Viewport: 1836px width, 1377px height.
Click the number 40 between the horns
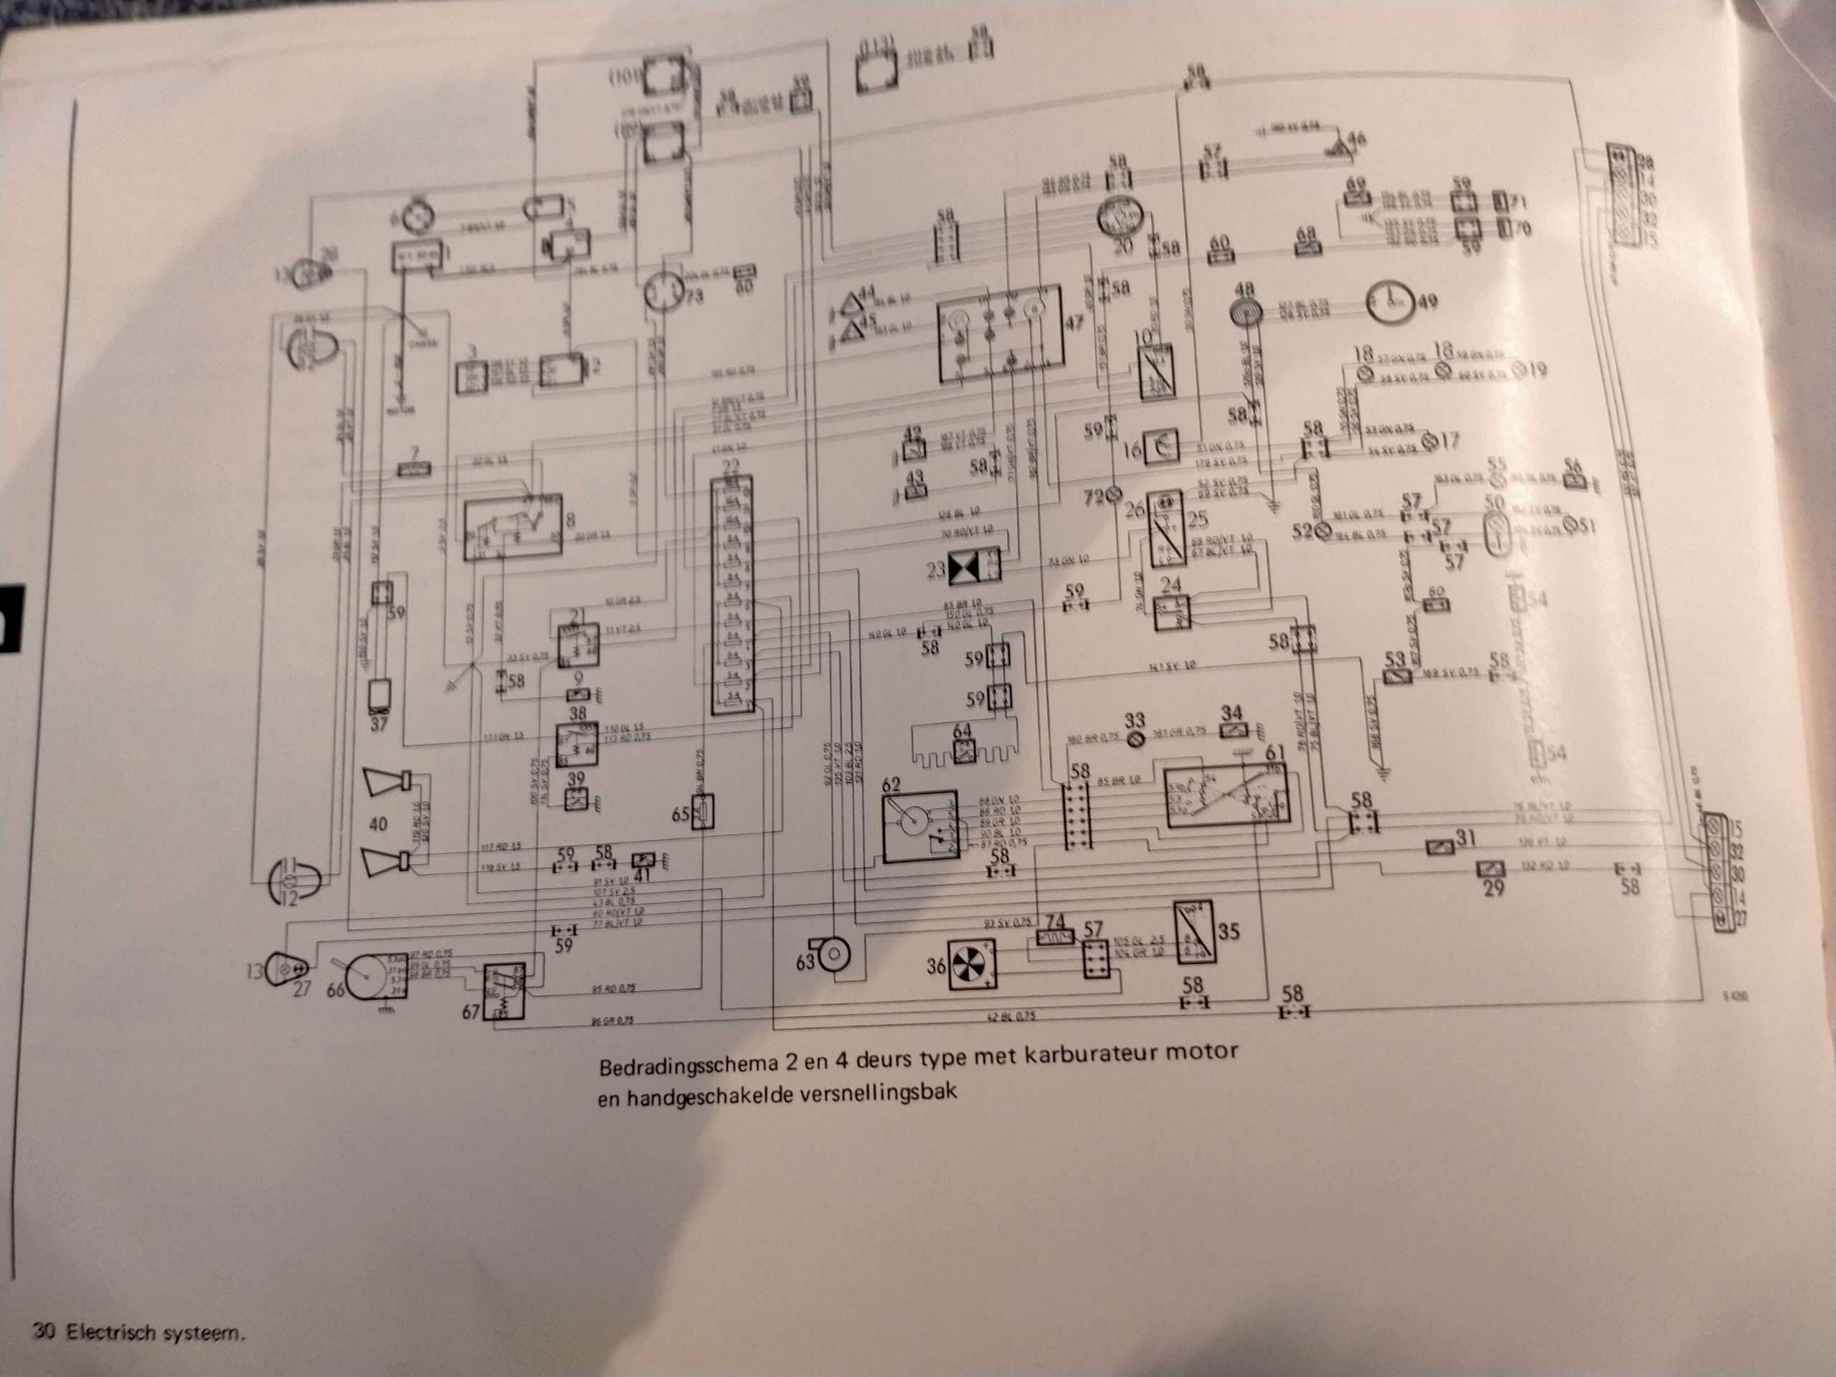point(378,824)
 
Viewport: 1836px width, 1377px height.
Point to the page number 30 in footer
point(43,1331)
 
